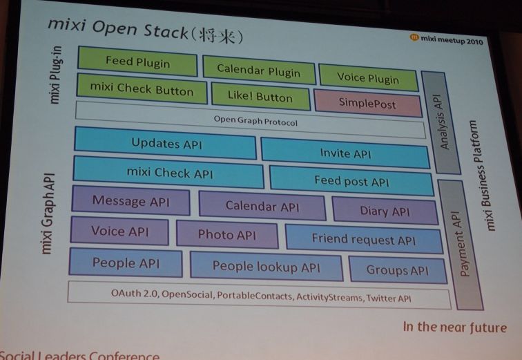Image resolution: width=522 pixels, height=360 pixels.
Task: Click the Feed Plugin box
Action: [x=138, y=61]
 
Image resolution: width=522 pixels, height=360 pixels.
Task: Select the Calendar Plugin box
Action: [x=259, y=70]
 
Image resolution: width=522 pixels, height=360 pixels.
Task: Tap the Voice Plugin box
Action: [x=368, y=78]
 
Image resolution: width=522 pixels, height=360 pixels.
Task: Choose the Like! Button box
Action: [x=260, y=97]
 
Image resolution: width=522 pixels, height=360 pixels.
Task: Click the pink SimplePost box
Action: [x=367, y=103]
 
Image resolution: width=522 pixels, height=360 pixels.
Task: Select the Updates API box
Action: [x=166, y=144]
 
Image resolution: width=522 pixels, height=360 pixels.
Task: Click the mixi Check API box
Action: [x=169, y=172]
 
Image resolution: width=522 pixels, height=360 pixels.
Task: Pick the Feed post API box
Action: [x=351, y=182]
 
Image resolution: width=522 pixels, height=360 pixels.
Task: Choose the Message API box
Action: [x=130, y=201]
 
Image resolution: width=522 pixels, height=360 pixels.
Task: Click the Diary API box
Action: [x=384, y=211]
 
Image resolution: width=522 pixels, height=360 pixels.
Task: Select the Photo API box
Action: [x=226, y=234]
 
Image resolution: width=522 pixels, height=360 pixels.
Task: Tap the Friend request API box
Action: [x=363, y=240]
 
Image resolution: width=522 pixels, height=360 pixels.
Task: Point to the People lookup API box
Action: [x=266, y=266]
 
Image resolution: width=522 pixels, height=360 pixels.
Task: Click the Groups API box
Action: [x=396, y=269]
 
